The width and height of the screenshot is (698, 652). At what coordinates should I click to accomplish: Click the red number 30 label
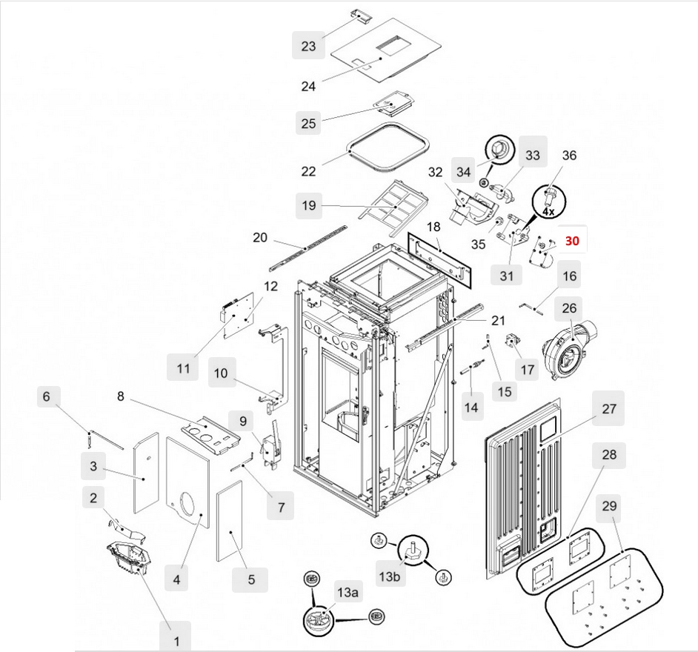pyautogui.click(x=572, y=241)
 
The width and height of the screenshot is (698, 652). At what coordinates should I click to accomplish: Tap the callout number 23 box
pyautogui.click(x=308, y=46)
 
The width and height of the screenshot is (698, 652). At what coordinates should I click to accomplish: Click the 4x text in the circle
pyautogui.click(x=548, y=211)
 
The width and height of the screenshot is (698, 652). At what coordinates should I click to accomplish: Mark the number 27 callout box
pyautogui.click(x=608, y=408)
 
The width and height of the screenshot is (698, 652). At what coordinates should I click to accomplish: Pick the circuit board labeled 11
pyautogui.click(x=240, y=314)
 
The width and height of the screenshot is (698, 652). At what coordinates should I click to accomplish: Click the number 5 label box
pyautogui.click(x=250, y=579)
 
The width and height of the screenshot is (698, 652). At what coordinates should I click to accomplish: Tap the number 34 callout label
pyautogui.click(x=464, y=172)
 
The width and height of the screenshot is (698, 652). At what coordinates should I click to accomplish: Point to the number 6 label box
pyautogui.click(x=46, y=397)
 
